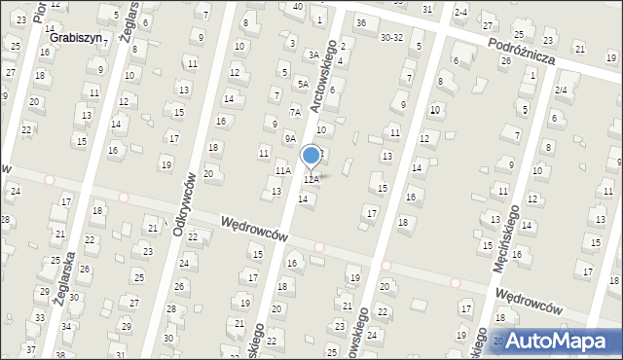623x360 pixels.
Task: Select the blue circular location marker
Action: (311, 155)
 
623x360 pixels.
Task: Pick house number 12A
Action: (311, 180)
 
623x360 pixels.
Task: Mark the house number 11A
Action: (282, 171)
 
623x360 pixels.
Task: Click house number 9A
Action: (290, 138)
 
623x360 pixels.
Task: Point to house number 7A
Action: (294, 112)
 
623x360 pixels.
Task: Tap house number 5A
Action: (303, 85)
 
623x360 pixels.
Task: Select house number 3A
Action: (313, 55)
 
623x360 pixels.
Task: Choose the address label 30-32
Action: (391, 38)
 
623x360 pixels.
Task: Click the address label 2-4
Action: (460, 12)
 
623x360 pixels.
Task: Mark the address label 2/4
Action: (561, 90)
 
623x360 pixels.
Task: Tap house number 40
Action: (297, 7)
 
